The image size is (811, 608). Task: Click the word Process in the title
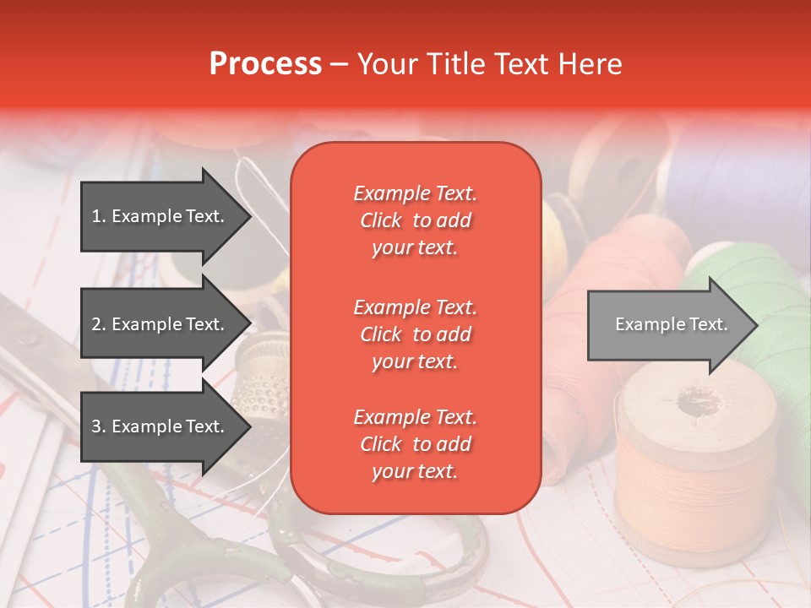coord(265,64)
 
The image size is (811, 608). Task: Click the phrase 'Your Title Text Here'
coord(489,64)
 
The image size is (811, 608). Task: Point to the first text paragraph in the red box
coord(415,220)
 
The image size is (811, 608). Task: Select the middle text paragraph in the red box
coord(415,334)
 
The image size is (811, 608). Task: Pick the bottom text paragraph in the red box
coord(415,444)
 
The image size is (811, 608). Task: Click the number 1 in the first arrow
coord(95,216)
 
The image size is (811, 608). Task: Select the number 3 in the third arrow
coord(96,426)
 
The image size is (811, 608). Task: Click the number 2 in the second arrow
coord(96,324)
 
